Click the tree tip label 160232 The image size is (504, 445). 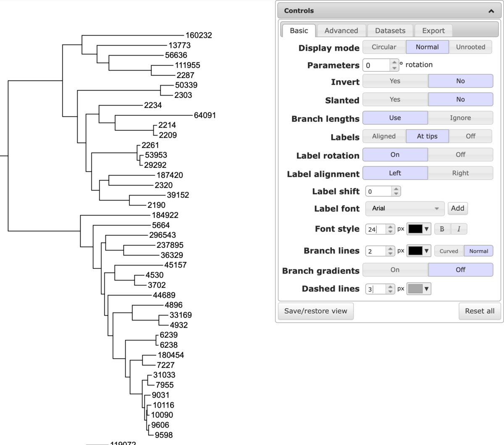click(x=199, y=35)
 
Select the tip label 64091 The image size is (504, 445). click(x=205, y=115)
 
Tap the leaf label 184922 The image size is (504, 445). click(x=165, y=215)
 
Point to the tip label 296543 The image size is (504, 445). click(x=163, y=235)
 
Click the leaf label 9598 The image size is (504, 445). click(x=164, y=435)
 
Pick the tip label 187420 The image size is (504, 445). click(x=170, y=175)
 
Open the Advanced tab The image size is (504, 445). click(x=341, y=31)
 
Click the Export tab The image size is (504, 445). click(x=433, y=31)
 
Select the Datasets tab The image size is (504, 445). click(x=390, y=31)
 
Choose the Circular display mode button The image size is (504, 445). click(x=384, y=47)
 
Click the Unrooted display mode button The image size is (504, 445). click(x=470, y=47)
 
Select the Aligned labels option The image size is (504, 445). click(x=384, y=136)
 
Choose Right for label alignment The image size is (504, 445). click(x=460, y=173)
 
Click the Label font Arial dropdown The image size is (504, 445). click(x=405, y=208)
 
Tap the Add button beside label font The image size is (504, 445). click(x=457, y=208)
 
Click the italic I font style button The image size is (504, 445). click(x=459, y=229)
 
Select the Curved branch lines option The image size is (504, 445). click(x=449, y=251)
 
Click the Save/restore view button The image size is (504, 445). click(x=315, y=311)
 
